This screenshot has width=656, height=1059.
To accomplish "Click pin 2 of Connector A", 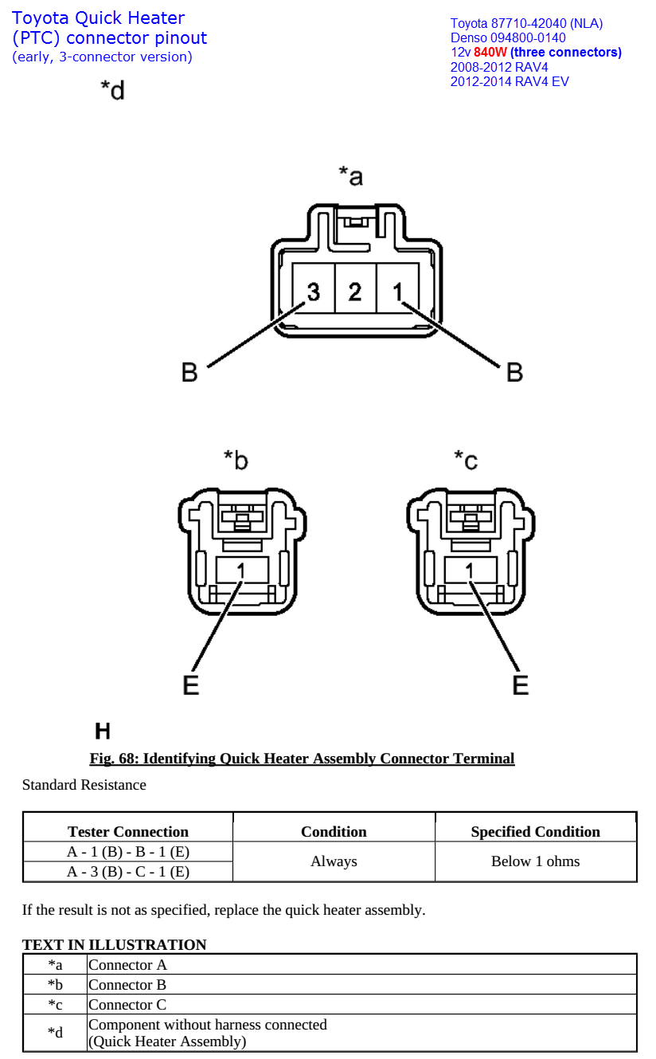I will [355, 292].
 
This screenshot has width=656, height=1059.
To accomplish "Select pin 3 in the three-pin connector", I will [313, 292].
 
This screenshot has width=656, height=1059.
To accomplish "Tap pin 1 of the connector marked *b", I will [242, 570].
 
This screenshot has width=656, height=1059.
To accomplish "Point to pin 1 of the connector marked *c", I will [471, 570].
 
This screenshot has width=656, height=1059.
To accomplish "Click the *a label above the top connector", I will [350, 175].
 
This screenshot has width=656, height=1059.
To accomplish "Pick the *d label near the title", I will [112, 90].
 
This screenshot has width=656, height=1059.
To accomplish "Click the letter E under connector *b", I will [191, 684].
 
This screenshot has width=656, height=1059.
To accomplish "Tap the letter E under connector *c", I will [521, 684].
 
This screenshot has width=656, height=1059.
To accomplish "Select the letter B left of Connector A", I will [189, 372].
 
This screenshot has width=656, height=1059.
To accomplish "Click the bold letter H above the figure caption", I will [103, 731].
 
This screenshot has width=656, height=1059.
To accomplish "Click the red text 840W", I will [490, 53].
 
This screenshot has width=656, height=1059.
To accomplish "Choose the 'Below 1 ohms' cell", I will [535, 861].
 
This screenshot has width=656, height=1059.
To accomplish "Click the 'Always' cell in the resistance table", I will [334, 861].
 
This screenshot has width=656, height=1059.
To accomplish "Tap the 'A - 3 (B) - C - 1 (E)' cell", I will [128, 872].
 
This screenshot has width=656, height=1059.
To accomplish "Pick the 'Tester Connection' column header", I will [128, 832].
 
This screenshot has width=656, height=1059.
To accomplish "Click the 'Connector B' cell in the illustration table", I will [127, 985].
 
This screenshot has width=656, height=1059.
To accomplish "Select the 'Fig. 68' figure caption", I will [302, 759].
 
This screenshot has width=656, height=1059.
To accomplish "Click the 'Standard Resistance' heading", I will [84, 785].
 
